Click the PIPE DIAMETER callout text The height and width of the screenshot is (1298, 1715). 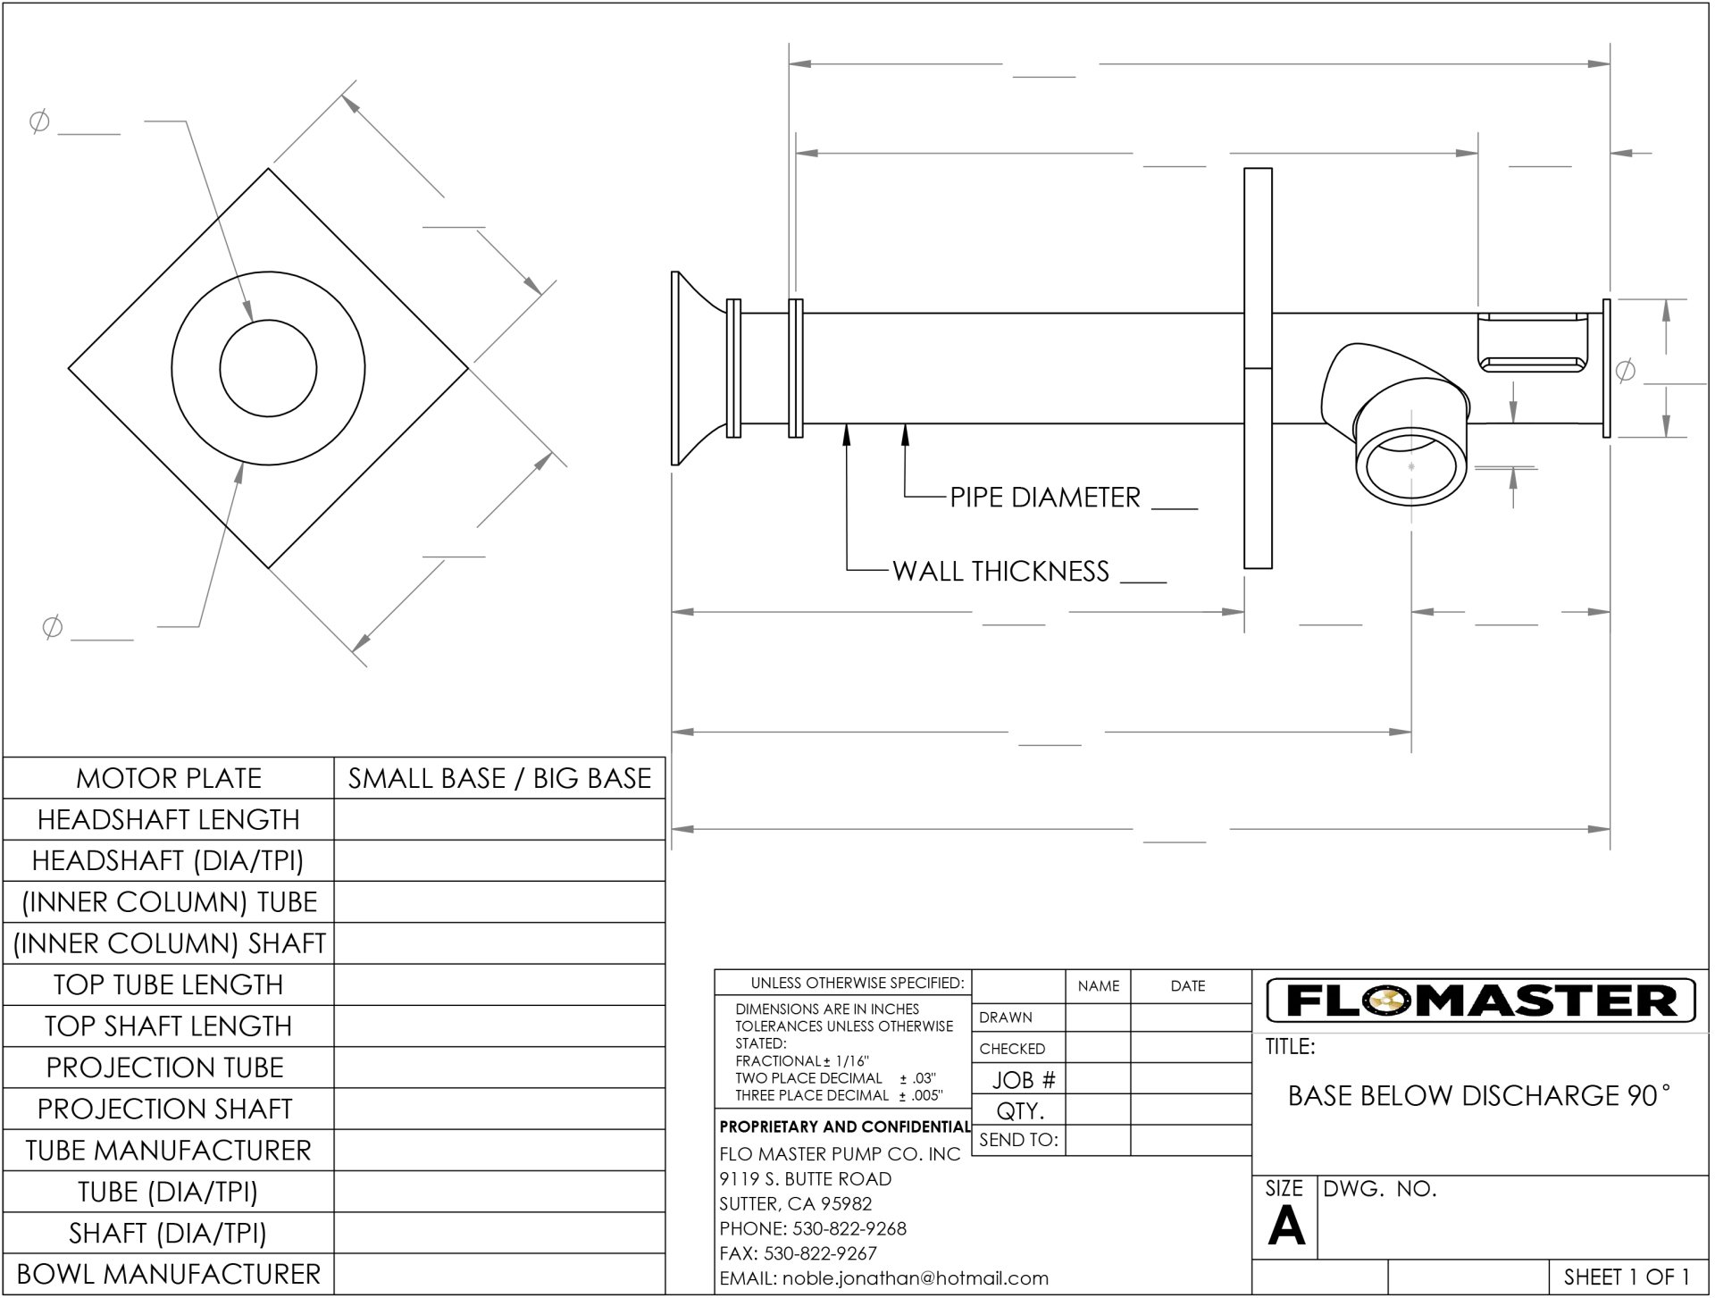(x=1044, y=498)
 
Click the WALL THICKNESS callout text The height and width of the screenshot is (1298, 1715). (x=1000, y=571)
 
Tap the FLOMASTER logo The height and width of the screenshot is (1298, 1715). (x=1481, y=1001)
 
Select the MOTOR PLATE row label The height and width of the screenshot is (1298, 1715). (x=169, y=778)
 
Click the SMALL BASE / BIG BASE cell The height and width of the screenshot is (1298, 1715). (x=499, y=778)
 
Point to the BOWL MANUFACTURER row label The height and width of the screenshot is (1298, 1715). (x=169, y=1274)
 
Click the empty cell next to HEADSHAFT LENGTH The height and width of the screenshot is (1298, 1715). (x=499, y=819)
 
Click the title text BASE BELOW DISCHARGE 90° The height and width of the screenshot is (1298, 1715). (x=1478, y=1095)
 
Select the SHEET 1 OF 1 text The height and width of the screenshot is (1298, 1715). (x=1627, y=1277)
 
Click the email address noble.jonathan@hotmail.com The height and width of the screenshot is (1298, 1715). (x=915, y=1278)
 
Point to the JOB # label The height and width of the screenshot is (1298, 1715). (x=1024, y=1080)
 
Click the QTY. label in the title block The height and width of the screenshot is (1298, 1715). (x=1020, y=1111)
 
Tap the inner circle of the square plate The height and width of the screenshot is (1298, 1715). (x=268, y=368)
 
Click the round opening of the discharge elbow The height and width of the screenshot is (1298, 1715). (x=1410, y=465)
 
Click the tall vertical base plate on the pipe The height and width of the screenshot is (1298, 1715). (x=1258, y=368)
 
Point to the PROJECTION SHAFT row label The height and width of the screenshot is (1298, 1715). (x=165, y=1109)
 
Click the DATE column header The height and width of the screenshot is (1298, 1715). (x=1187, y=986)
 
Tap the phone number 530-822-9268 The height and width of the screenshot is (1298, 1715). (x=849, y=1228)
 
